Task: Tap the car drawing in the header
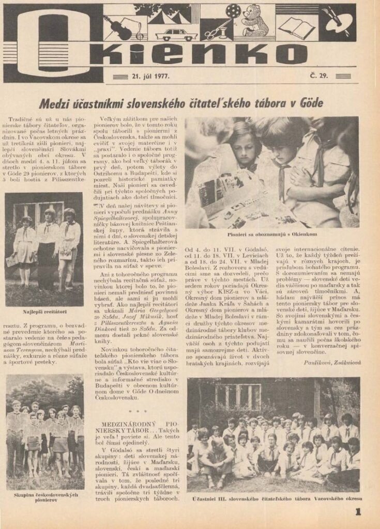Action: pyautogui.click(x=176, y=35)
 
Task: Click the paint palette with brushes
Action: pyautogui.click(x=337, y=20)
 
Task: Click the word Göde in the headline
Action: pyautogui.click(x=310, y=103)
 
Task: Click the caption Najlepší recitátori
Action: pyautogui.click(x=43, y=313)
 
